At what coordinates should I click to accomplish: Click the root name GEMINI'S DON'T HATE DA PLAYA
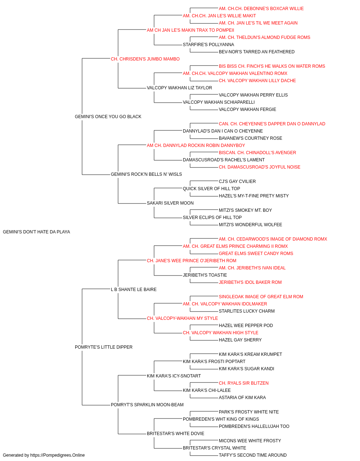36,232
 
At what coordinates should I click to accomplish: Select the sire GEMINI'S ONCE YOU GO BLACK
108,117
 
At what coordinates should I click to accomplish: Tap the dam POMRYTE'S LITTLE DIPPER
104,347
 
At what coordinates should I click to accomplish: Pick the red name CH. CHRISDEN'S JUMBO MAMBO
145,59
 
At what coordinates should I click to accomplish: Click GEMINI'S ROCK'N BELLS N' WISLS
146,174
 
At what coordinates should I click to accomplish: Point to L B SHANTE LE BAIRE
134,290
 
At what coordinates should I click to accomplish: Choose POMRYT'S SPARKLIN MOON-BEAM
147,405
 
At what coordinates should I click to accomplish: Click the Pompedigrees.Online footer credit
44,455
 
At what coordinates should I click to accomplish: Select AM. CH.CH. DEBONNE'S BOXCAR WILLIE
261,9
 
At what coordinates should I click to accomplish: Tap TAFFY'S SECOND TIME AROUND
253,455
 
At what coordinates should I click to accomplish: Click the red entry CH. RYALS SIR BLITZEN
244,383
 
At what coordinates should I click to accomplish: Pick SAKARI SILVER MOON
170,203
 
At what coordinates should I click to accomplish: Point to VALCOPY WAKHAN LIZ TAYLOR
179,88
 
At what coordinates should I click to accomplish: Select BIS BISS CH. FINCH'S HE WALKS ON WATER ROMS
272,66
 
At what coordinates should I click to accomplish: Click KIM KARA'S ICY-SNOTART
174,376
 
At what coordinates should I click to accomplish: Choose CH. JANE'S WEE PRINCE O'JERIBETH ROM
192,261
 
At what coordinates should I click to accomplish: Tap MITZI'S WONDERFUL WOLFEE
251,225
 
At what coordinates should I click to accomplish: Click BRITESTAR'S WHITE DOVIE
176,434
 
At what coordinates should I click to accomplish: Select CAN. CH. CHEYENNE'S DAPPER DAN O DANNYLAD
272,124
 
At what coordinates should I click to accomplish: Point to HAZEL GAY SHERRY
240,340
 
